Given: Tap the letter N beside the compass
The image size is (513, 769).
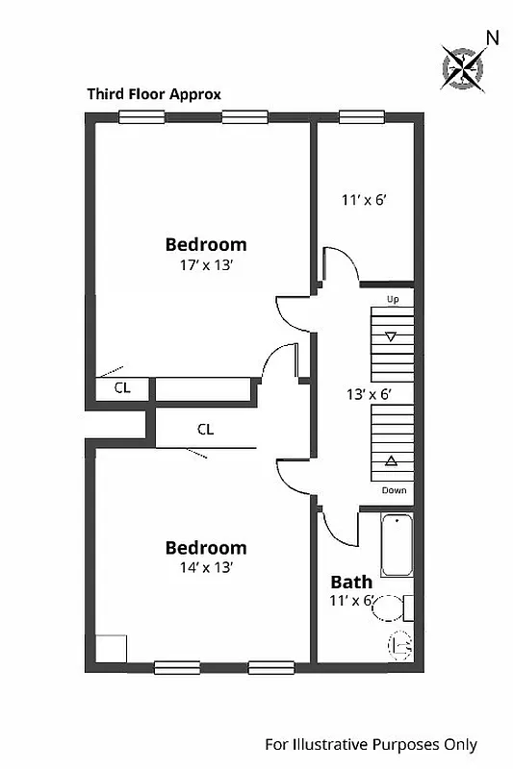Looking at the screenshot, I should tap(492, 37).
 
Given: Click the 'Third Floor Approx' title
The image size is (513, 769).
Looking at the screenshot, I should tap(154, 94).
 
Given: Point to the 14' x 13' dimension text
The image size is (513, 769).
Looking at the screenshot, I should tap(205, 567).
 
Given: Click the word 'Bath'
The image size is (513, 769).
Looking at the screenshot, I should tap(351, 582).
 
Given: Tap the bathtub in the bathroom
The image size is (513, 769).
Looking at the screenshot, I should tap(397, 544).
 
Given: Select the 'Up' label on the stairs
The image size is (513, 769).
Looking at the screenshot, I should tap(392, 300).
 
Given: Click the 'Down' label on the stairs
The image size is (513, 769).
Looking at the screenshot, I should tap(394, 490).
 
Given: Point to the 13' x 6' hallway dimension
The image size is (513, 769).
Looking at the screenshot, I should tap(367, 393).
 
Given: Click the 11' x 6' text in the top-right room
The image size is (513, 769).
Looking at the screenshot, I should tap(363, 201).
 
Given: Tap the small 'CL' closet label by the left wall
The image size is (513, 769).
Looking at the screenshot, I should tap(122, 388).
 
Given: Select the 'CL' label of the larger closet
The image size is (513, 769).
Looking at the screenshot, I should tap(205, 430).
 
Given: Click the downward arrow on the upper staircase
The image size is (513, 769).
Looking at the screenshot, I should tap(391, 336).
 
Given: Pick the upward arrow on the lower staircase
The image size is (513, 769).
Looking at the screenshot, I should tap(391, 461).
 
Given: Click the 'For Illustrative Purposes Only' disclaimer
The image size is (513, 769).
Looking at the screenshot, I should tap(371, 745).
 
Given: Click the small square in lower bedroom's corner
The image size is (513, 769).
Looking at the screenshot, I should tap(112, 648).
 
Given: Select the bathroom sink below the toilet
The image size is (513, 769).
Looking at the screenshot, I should tap(399, 646).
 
